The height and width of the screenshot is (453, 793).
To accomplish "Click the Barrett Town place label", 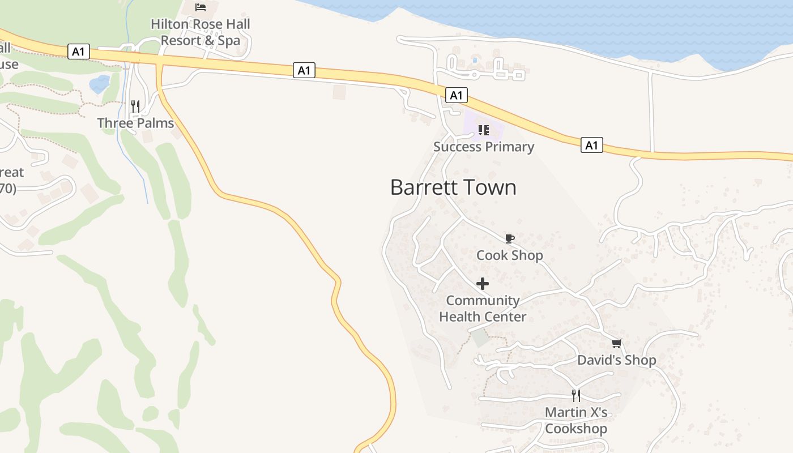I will click(453, 187).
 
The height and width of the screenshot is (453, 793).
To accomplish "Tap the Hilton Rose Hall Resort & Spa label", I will click(201, 32).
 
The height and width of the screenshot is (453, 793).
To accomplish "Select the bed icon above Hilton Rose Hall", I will click(201, 7).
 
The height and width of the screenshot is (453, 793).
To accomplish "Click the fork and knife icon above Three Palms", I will click(135, 106).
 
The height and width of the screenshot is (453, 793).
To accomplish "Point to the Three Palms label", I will click(135, 123).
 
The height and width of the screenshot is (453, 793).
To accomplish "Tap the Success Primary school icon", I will click(483, 130).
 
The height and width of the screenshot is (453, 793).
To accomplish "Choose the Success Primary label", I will click(484, 147).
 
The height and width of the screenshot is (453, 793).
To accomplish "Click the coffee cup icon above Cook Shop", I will click(509, 238).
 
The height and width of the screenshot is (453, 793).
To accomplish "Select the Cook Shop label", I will click(509, 255).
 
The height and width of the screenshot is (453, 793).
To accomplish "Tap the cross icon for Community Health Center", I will click(483, 284).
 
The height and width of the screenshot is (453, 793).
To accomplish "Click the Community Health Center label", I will click(483, 309).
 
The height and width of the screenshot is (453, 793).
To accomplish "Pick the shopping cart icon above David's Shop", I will click(617, 343).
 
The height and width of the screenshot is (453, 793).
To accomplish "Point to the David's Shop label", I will click(616, 360).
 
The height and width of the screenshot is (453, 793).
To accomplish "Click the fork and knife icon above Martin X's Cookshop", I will click(575, 395).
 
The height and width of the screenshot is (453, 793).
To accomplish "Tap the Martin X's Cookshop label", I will click(576, 420).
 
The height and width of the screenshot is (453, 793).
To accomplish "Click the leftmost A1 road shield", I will click(78, 52).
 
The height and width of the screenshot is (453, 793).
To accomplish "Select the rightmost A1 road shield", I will click(591, 146).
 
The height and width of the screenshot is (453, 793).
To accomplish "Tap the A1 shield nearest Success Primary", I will click(456, 95).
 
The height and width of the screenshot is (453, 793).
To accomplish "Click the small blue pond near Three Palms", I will click(100, 84).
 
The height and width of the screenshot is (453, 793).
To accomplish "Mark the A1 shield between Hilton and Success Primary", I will click(304, 70).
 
